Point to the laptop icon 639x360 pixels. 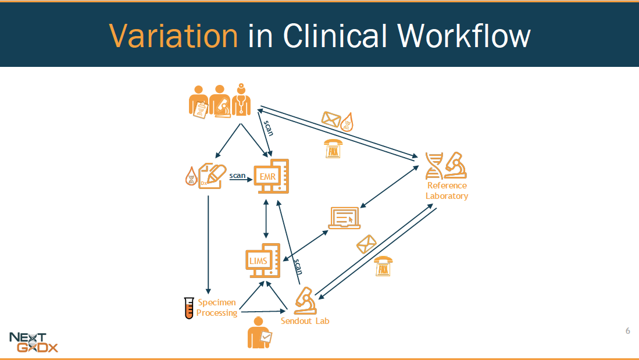click(345, 218)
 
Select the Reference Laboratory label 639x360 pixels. click(447, 191)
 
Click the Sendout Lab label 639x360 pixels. click(305, 320)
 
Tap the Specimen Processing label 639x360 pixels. click(216, 308)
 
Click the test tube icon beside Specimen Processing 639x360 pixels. click(188, 308)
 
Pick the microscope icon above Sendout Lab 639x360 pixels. click(305, 298)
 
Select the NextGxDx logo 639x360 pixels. click(34, 342)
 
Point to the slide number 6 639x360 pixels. click(627, 332)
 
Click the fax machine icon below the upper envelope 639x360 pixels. click(333, 149)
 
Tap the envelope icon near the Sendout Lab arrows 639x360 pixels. click(366, 244)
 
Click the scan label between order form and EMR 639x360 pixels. click(237, 175)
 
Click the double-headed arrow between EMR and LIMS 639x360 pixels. click(266, 219)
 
